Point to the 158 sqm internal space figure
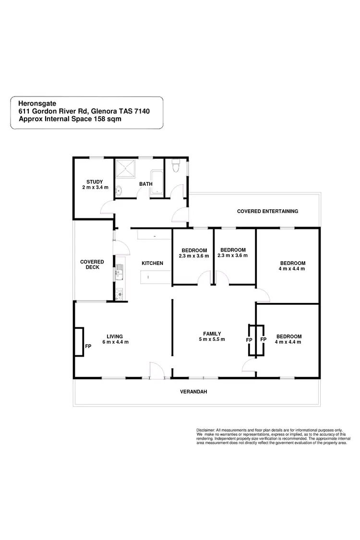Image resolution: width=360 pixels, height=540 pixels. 103,120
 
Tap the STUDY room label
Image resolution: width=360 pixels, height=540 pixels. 95,181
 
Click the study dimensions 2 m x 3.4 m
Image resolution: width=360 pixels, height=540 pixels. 95,187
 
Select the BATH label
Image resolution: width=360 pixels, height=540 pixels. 145,184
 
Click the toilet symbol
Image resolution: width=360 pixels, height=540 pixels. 176,166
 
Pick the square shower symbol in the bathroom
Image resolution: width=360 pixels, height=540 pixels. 127,169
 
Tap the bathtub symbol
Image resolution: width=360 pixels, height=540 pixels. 157,182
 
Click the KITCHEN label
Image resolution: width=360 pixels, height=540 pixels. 152,263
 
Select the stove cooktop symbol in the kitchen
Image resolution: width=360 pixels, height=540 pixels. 119,294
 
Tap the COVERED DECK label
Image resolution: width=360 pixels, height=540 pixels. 92,264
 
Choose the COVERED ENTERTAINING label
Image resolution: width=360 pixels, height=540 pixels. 267,211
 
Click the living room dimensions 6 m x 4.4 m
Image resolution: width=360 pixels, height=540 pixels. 115,342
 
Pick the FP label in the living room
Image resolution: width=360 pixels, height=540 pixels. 88,346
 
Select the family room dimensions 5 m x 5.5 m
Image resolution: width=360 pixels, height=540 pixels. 212,339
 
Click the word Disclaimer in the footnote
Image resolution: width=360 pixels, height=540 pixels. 205,430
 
